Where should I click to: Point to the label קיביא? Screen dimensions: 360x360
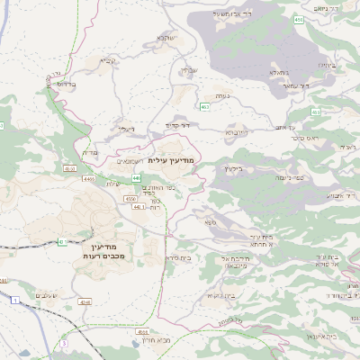point(108,62)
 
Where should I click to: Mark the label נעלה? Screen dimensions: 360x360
point(220,95)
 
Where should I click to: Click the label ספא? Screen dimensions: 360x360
point(210,221)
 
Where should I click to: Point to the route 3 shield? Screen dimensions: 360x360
point(65,343)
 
